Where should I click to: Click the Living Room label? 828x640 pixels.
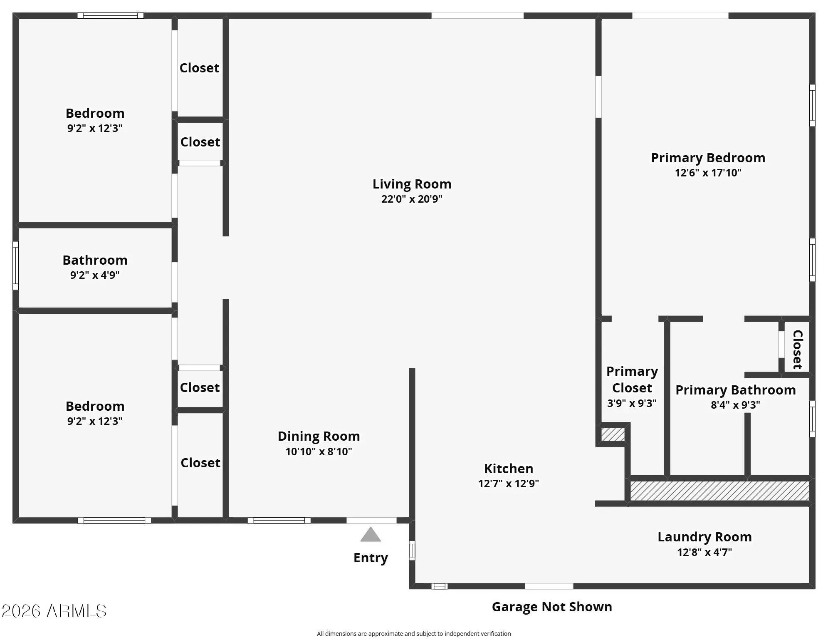(412, 184)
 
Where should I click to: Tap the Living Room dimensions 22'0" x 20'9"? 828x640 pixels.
(412, 199)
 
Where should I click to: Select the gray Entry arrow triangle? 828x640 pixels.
(371, 535)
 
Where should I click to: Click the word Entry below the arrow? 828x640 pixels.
(371, 558)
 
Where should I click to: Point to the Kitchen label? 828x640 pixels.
(509, 469)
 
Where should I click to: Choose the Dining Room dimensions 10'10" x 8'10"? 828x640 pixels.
(319, 451)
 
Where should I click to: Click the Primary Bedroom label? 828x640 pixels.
(708, 158)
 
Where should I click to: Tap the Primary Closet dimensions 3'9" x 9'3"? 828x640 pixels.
(632, 403)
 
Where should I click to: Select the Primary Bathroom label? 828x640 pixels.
(735, 390)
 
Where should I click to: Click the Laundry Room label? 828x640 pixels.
(704, 537)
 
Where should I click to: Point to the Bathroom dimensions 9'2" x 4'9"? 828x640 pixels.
(95, 275)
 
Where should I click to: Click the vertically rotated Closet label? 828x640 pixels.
(797, 350)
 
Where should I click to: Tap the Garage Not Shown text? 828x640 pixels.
(552, 607)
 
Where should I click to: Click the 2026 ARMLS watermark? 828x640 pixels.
(54, 611)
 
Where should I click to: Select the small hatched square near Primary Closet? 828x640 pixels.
(613, 434)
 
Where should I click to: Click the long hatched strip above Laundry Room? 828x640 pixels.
(720, 491)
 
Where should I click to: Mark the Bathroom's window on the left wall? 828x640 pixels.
(15, 265)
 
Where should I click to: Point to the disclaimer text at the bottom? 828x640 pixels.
(414, 633)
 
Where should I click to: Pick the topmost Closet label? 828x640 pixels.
(199, 68)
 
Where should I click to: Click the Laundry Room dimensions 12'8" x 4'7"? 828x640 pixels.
(704, 552)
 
